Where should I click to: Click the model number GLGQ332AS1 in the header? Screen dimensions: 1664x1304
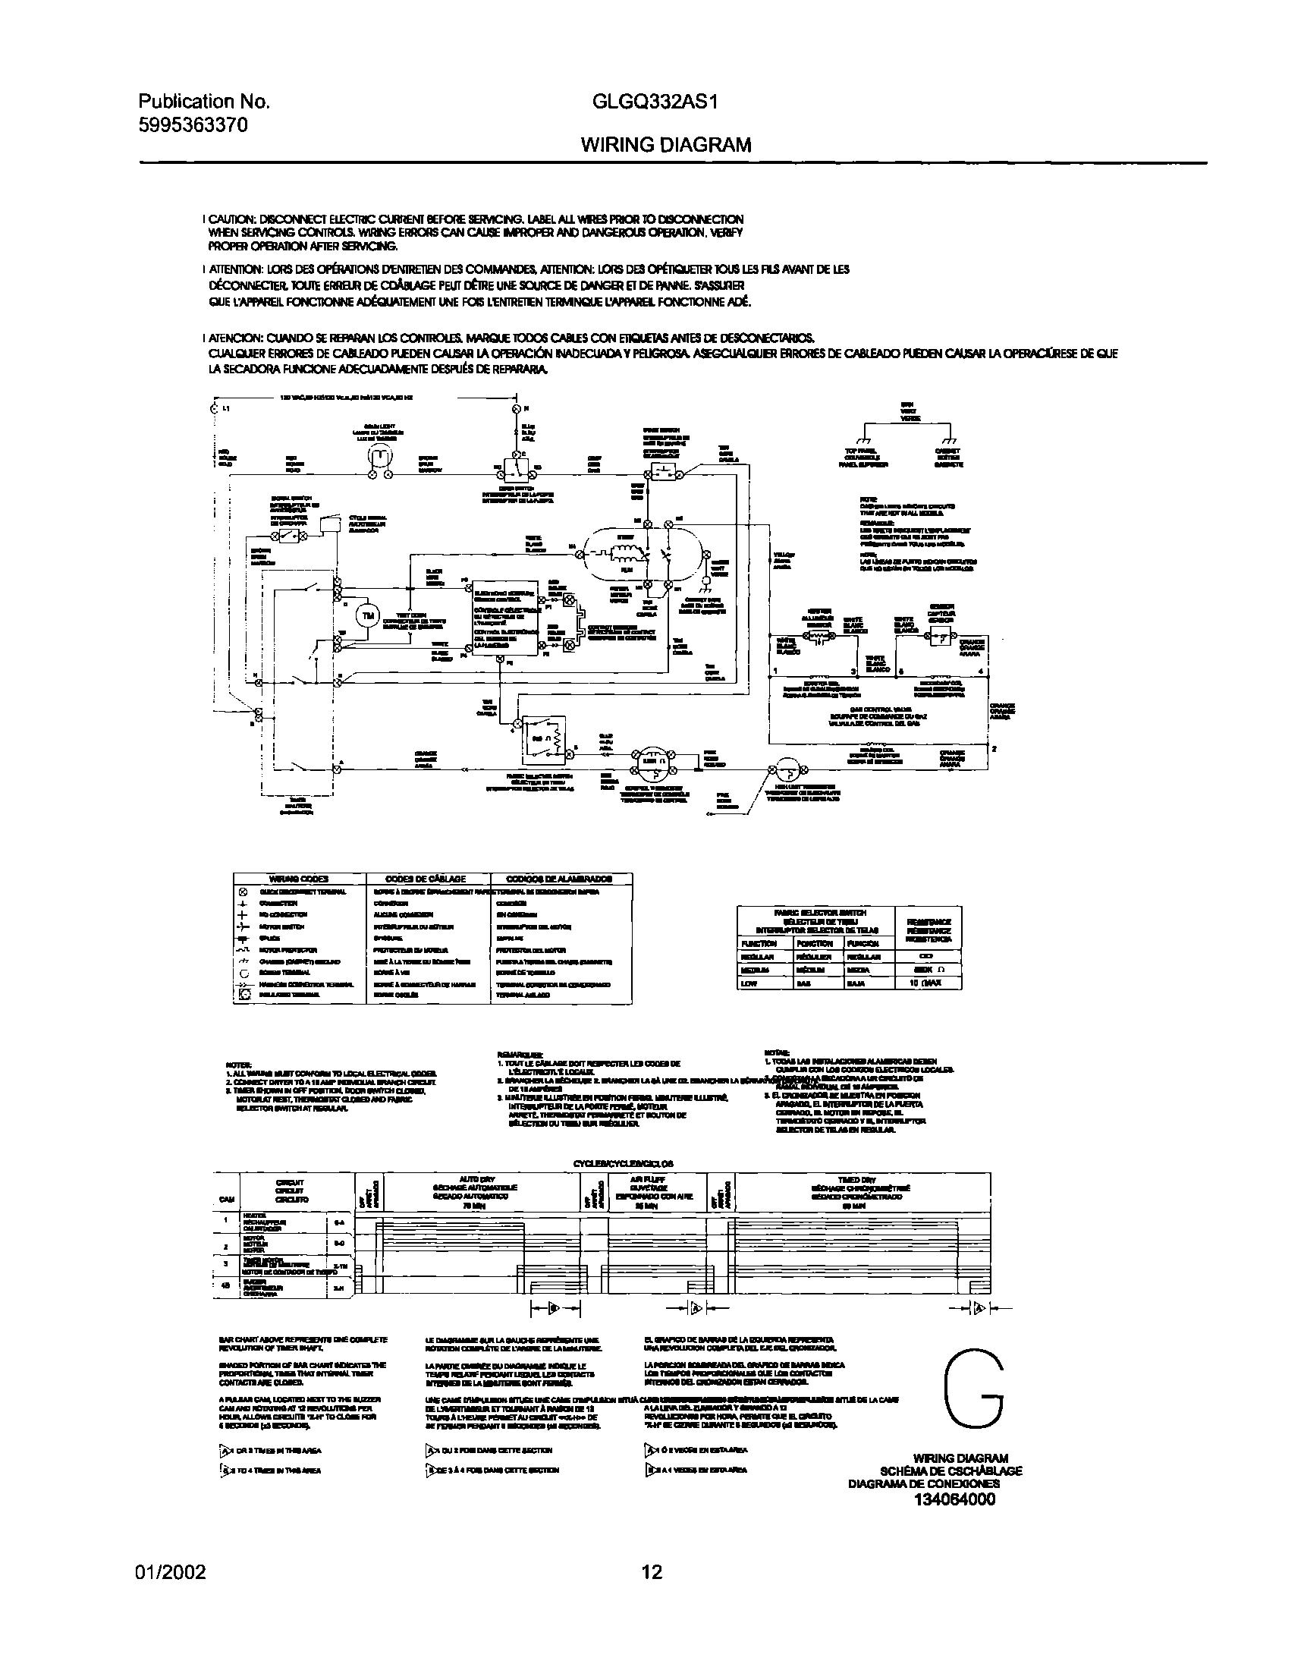pyautogui.click(x=655, y=102)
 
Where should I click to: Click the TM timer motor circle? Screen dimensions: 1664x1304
pyautogui.click(x=369, y=615)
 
